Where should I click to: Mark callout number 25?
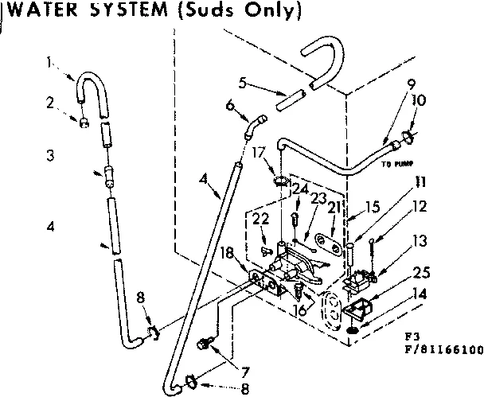pos(421,273)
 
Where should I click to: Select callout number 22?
pos(256,218)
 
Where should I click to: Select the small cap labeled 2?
pos(82,123)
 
